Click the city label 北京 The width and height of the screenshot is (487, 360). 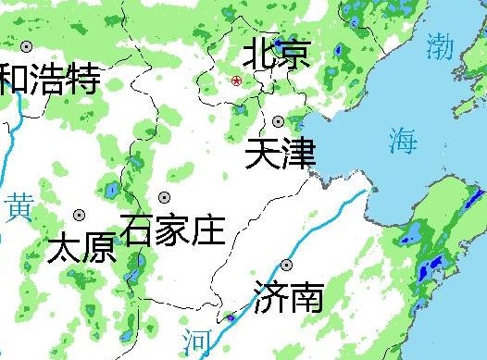click(275, 54)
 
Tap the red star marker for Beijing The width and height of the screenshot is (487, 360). click(237, 81)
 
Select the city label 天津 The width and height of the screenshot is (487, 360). click(281, 152)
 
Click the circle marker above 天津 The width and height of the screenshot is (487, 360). click(278, 121)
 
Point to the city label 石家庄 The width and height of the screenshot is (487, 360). click(172, 228)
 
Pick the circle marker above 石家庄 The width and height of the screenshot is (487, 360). click(164, 197)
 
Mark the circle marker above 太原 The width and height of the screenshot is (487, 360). click(80, 215)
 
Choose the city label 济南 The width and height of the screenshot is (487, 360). click(288, 297)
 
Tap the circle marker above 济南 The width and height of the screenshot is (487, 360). click(286, 266)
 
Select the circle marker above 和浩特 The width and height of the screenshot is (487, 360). click(26, 46)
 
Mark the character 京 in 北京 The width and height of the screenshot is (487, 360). click(293, 54)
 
